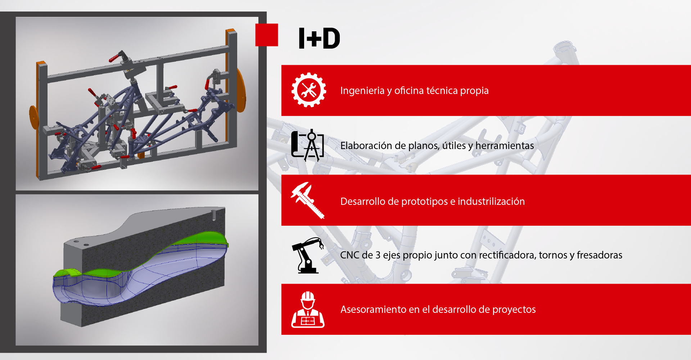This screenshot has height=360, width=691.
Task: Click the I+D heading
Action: coord(319,38)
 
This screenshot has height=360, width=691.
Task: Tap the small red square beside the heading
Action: coord(267,35)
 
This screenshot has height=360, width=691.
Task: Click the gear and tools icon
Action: coord(309,90)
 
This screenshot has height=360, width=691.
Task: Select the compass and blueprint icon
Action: coord(307,145)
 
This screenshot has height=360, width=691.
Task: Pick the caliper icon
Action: coord(308,200)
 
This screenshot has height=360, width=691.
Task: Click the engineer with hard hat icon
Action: coord(308,309)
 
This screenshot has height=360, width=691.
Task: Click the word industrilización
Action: coord(491,201)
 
